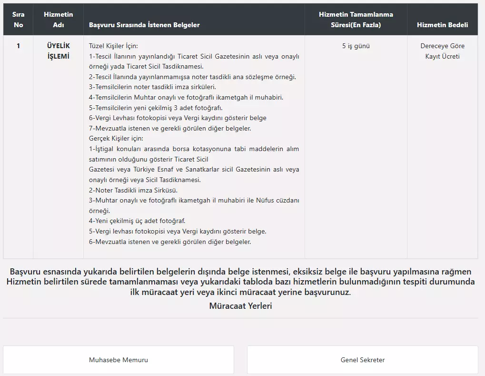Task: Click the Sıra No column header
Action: click(x=18, y=20)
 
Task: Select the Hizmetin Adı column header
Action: click(x=58, y=20)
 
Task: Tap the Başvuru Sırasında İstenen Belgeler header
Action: click(x=144, y=25)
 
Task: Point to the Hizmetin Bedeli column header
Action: click(x=442, y=25)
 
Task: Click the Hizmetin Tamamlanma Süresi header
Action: click(x=356, y=20)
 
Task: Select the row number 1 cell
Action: click(x=18, y=46)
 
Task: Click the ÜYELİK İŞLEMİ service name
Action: click(x=58, y=51)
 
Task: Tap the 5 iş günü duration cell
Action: click(x=356, y=46)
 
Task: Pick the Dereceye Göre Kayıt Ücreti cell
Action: click(x=442, y=51)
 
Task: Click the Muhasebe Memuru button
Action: click(x=119, y=360)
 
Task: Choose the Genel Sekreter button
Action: click(x=362, y=360)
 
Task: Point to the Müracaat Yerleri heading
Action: click(x=240, y=306)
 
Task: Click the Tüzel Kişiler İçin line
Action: click(x=113, y=46)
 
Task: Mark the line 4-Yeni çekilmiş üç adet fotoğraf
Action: click(x=137, y=221)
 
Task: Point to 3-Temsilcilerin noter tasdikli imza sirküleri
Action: click(x=152, y=87)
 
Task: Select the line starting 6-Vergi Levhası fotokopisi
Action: click(x=178, y=118)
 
